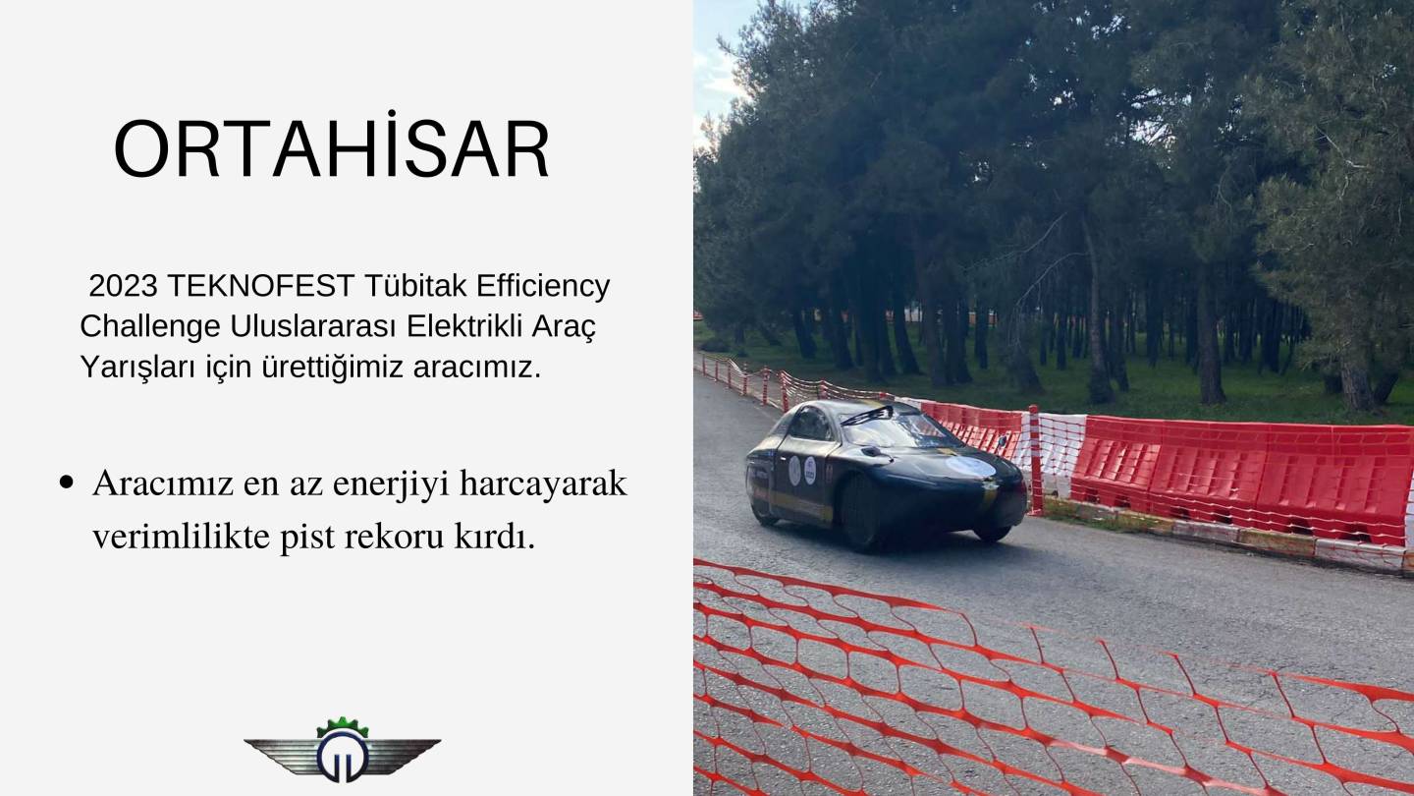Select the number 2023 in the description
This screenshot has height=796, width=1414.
point(123,286)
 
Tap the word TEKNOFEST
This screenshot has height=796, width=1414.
point(261,286)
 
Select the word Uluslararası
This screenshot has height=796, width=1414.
point(313,326)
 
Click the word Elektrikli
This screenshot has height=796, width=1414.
point(463,326)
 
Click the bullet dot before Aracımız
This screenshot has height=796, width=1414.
point(66,483)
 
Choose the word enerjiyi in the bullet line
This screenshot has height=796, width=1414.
point(391,485)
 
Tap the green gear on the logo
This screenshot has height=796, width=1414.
point(342,726)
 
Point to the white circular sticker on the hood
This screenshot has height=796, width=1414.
point(970,467)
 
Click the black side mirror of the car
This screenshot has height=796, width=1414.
point(874,452)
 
